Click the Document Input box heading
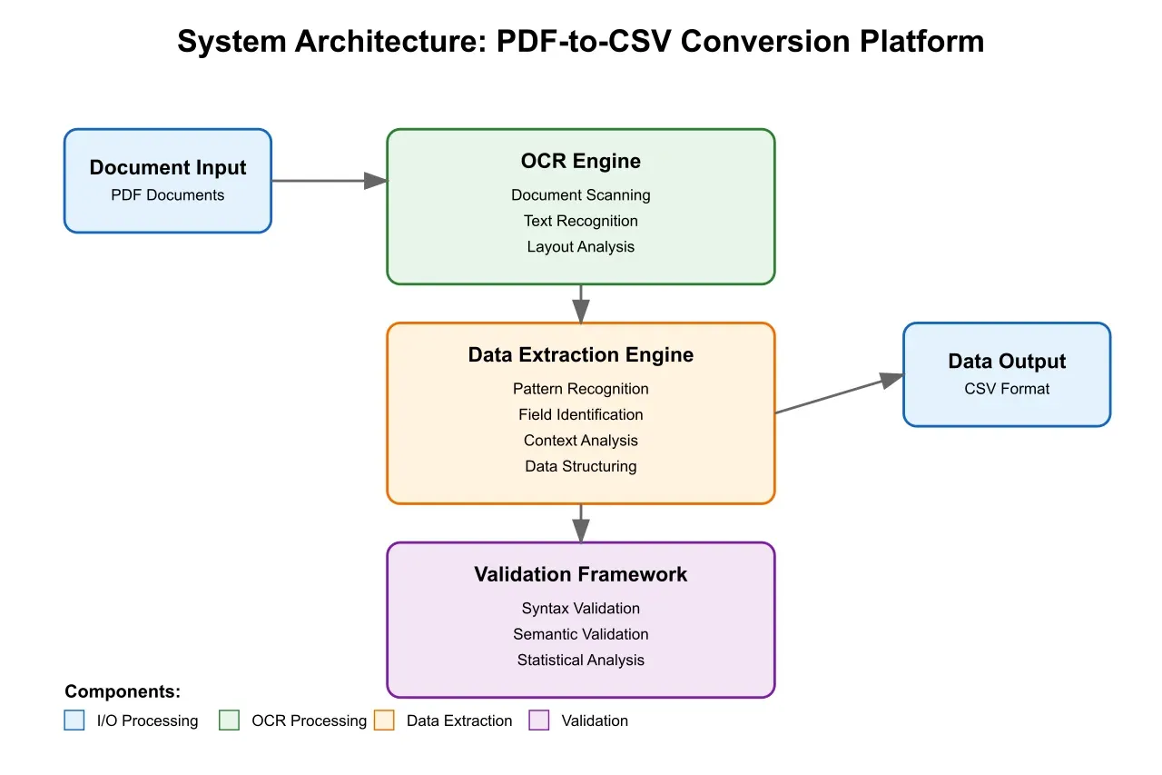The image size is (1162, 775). pos(168,167)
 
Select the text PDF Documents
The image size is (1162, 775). pos(168,195)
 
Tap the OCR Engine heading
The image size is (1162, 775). pos(581,161)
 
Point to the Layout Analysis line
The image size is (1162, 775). pos(581,246)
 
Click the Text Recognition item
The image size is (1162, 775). pos(581,221)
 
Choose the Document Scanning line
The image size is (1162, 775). pos(581,194)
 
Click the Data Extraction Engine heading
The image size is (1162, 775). pos(581,354)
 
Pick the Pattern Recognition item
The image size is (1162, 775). pos(581,389)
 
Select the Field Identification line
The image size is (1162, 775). pos(581,414)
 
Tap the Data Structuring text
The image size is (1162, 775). pos(581,466)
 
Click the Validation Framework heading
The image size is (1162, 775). pos(581,574)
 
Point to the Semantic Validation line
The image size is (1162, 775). pos(581,634)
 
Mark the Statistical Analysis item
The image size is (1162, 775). pos(581,661)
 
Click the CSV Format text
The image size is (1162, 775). pos(1007,389)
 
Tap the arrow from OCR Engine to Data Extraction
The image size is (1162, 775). pos(581,303)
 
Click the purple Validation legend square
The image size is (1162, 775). pos(539,720)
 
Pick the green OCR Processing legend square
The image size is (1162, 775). pos(230,720)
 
